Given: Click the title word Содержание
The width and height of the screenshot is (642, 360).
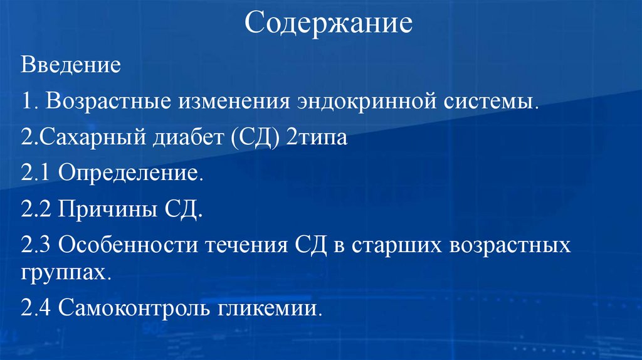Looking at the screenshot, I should [328, 24].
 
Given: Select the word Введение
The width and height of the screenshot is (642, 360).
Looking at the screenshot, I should [70, 65].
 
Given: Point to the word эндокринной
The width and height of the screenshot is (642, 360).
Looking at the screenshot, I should [352, 101].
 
